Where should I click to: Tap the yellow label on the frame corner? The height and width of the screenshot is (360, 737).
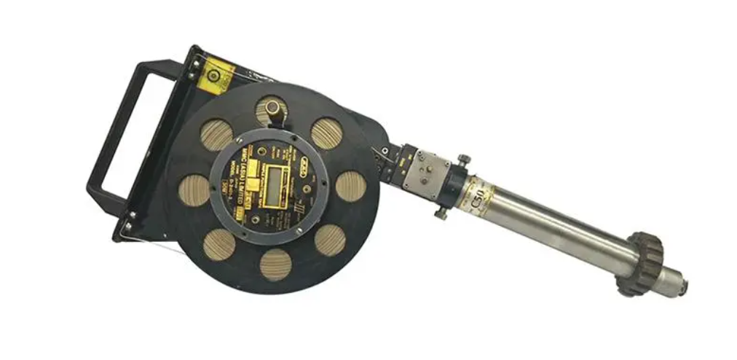pos(216,73)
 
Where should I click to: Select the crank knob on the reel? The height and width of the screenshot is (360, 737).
pos(273,109)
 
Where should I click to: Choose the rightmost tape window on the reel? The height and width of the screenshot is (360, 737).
pos(350,186)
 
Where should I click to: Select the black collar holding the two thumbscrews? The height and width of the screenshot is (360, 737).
pos(457,189)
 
